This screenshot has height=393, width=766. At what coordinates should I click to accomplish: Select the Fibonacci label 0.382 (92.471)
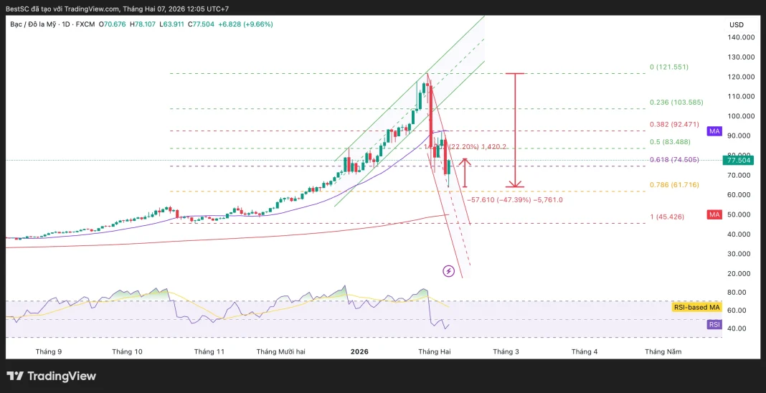coord(673,125)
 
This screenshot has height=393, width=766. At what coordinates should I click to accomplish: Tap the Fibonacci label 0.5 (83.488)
coord(668,141)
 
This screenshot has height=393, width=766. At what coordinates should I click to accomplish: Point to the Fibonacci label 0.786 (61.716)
coord(673,185)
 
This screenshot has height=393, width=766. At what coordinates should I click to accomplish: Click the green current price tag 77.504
coord(737,160)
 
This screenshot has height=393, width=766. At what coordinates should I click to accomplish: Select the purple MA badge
coord(714,131)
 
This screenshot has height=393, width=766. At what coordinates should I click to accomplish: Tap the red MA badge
coord(714,214)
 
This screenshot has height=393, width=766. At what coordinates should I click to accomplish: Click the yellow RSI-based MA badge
coord(696,307)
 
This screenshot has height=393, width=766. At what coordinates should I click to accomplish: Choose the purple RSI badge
coord(714,324)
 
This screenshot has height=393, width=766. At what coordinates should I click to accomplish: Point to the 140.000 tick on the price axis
coord(742,37)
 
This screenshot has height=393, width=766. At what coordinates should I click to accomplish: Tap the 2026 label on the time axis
coord(359,351)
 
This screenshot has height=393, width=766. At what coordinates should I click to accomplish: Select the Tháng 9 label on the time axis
coord(49,351)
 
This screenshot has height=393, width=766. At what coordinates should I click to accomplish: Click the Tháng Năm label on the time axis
coord(663,351)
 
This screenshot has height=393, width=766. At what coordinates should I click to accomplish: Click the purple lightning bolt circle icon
coord(449,271)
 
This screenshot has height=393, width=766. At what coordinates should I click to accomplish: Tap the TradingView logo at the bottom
coord(51,376)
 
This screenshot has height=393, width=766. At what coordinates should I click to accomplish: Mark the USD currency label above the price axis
coord(737,24)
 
